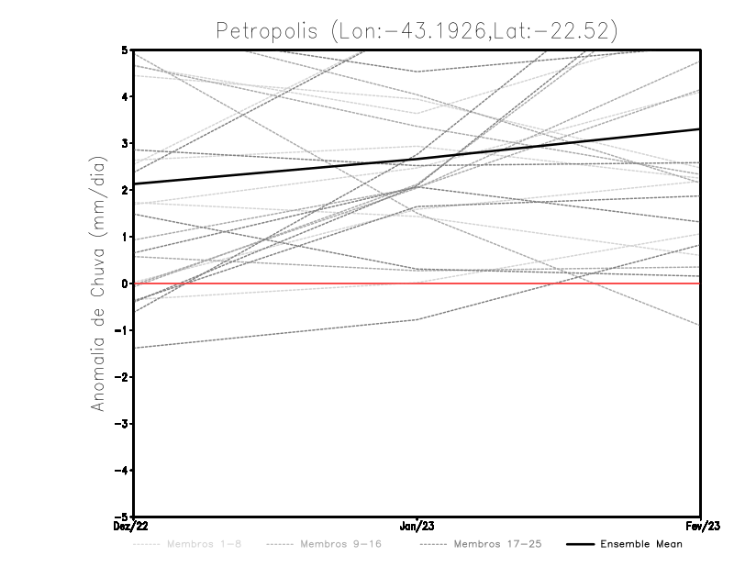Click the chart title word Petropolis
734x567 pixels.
point(267,30)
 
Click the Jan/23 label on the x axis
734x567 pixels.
point(417,526)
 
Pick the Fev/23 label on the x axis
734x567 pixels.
point(701,526)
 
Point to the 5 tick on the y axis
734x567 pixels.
point(123,50)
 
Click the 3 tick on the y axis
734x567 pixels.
point(123,143)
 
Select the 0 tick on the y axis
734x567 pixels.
point(123,283)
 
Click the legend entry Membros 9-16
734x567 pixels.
point(340,544)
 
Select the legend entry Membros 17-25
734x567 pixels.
point(497,544)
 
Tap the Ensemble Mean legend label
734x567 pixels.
point(640,544)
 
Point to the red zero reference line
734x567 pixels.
point(550,283)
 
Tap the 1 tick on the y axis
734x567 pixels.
point(123,237)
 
